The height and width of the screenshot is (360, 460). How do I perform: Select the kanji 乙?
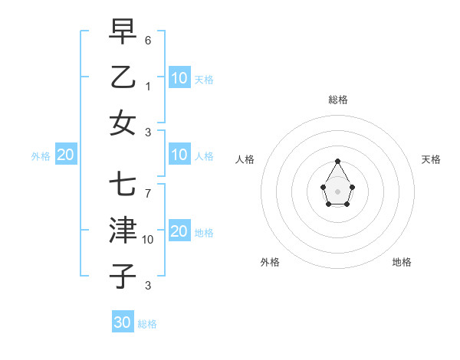tap(123, 77)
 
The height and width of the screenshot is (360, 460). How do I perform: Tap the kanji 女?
tap(123, 123)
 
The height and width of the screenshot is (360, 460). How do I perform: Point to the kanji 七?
tap(123, 185)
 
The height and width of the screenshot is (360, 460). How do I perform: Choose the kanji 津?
tap(123, 230)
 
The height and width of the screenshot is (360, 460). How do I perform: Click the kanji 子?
tap(123, 276)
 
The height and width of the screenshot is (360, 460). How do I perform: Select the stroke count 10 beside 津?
tap(148, 240)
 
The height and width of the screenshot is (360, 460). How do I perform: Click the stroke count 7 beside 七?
tap(148, 193)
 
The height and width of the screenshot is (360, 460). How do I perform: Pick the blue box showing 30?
tap(123, 322)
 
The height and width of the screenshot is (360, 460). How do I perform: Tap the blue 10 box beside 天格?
tap(179, 77)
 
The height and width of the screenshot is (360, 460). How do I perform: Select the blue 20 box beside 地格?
tap(179, 231)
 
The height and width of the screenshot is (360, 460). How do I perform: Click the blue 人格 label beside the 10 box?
tap(204, 156)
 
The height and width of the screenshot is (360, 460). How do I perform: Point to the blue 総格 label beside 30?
tap(147, 324)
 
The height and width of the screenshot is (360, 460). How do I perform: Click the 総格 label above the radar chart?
tap(338, 100)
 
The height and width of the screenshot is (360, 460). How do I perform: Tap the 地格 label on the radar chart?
tap(402, 262)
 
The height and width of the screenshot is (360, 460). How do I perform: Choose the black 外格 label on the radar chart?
tap(270, 262)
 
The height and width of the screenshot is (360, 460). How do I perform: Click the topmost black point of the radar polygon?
tap(337, 161)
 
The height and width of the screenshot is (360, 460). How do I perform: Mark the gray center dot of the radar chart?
tap(337, 190)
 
